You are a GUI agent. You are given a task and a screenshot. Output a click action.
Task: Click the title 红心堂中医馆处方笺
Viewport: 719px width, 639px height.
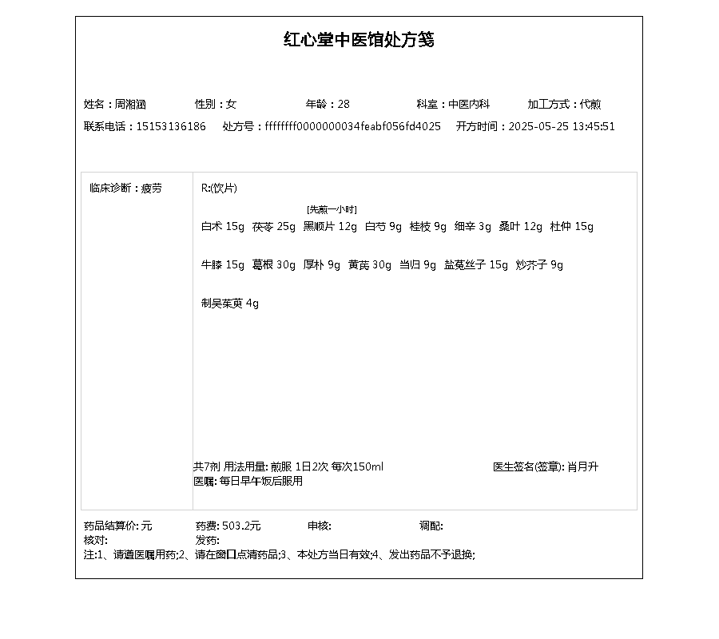(x=359, y=40)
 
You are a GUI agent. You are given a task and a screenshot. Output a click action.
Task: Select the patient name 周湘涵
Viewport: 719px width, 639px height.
(x=130, y=104)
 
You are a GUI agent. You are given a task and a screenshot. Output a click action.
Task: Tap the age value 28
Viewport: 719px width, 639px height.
(x=344, y=104)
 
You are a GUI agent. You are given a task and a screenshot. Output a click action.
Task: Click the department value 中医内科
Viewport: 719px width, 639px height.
(x=468, y=104)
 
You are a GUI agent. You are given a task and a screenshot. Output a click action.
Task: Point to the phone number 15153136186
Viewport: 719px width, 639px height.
(x=171, y=126)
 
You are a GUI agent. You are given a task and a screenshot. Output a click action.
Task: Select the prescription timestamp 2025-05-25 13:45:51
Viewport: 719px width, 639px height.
(x=562, y=126)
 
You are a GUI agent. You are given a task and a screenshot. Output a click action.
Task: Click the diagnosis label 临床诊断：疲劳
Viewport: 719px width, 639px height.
(x=125, y=189)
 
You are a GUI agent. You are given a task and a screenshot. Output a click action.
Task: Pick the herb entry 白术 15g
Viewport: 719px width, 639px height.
(x=222, y=227)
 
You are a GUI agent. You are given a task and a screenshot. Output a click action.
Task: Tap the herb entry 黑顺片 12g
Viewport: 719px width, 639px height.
(x=330, y=227)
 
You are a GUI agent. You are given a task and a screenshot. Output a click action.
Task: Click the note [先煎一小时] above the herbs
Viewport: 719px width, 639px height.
(x=332, y=209)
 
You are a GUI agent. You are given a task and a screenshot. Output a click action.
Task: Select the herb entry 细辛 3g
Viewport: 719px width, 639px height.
(x=473, y=227)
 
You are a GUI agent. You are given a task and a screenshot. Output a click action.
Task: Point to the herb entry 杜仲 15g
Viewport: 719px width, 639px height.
(x=571, y=227)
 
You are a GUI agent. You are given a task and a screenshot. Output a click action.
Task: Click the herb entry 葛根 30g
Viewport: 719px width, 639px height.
(x=273, y=265)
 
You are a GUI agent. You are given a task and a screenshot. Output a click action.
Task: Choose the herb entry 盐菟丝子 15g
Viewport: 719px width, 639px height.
(x=475, y=265)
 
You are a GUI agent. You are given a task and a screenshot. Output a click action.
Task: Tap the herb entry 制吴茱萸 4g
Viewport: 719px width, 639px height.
(x=230, y=304)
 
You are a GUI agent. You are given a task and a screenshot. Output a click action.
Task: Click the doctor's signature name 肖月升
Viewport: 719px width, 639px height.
(x=582, y=466)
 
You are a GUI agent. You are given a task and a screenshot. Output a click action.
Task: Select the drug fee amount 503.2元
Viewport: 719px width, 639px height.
(x=241, y=526)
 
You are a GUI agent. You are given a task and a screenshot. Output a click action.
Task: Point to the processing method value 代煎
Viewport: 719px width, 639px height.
(x=590, y=104)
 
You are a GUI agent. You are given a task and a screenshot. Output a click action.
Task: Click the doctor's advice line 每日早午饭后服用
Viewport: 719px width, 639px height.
(x=260, y=481)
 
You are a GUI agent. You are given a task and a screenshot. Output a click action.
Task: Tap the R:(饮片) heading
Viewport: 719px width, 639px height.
(x=219, y=189)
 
